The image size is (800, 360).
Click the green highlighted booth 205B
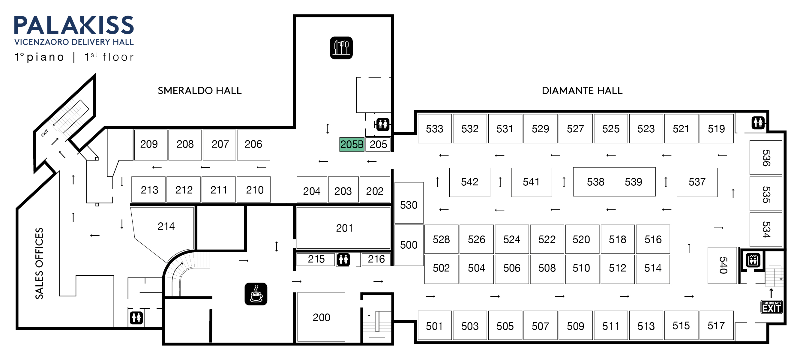click(x=352, y=144)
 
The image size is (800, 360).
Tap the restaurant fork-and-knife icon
click(x=341, y=48)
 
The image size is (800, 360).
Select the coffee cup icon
click(x=256, y=294)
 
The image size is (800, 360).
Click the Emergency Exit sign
click(x=771, y=307)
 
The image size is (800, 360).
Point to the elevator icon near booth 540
click(x=753, y=260)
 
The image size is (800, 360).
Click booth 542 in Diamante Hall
click(x=469, y=182)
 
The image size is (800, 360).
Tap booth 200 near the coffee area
click(x=321, y=317)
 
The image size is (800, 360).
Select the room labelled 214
click(x=166, y=226)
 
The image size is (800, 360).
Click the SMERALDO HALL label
click(x=199, y=91)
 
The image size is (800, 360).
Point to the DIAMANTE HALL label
click(x=582, y=91)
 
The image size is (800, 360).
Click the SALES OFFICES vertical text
click(x=39, y=263)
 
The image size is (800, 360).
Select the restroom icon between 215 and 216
click(x=343, y=259)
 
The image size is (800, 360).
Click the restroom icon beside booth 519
click(x=758, y=123)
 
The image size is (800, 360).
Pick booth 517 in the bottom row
click(x=716, y=325)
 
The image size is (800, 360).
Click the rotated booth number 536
click(x=766, y=158)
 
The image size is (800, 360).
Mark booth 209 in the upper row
click(x=149, y=144)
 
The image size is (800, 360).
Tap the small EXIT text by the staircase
click(x=45, y=133)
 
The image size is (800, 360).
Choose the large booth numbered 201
click(x=344, y=228)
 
